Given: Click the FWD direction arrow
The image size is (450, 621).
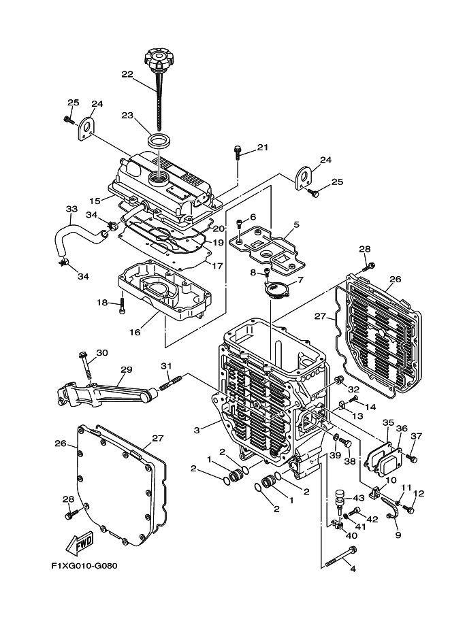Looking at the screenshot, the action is coord(79,543).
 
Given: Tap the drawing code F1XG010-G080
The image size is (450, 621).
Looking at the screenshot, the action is coord(84,566).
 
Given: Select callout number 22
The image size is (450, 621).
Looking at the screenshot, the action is coord(127,74).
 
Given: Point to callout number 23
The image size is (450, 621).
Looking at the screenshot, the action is coord(127,115).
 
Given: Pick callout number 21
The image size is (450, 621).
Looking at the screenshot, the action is coord(263,148).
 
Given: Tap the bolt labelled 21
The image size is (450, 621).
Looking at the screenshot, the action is coord(238,152).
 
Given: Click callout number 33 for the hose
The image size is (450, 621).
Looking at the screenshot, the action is coord(71,209).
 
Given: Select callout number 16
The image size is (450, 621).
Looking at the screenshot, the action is coord(135,332).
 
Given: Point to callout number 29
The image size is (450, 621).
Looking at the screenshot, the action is coord(126,369).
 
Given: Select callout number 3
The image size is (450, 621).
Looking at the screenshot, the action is coord(197,430).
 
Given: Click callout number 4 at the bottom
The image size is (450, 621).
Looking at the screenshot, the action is coord(353,569).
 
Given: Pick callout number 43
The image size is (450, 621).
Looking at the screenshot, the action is coord(359,497).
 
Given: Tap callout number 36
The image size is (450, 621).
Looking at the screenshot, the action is coord(402,429).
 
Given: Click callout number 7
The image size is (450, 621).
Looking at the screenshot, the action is coord(300,280).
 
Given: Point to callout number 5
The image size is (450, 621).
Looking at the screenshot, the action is coord(296,225).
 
